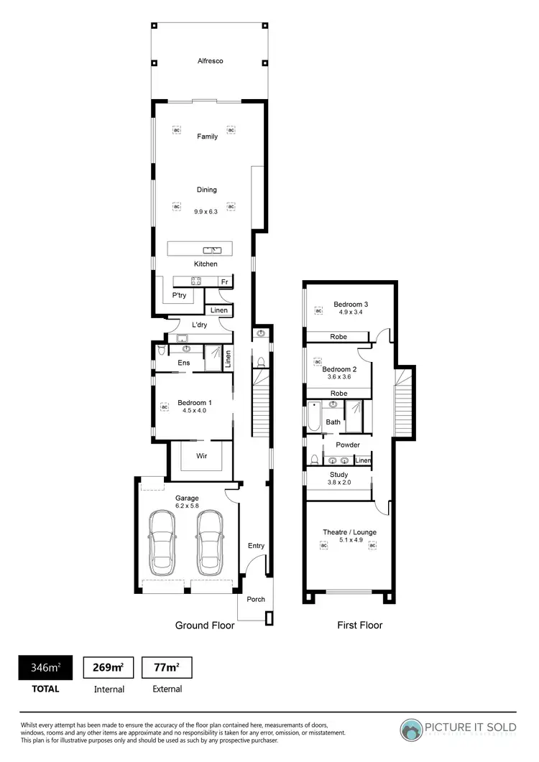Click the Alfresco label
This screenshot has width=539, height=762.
(210, 61)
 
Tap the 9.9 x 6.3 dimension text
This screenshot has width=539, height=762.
(206, 212)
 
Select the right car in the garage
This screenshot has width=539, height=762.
(211, 540)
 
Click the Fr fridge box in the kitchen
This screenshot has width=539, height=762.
(224, 282)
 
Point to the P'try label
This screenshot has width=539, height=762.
(178, 295)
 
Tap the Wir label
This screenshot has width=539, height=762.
(202, 455)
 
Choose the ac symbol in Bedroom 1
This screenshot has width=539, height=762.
(164, 406)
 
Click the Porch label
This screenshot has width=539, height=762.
(256, 599)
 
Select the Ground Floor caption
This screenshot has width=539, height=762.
(205, 626)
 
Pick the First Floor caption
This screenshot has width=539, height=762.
(360, 626)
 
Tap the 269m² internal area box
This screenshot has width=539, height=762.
(109, 667)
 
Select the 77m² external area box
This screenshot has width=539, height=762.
(166, 667)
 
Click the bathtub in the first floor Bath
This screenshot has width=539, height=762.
(315, 417)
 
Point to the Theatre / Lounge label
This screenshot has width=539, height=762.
(349, 532)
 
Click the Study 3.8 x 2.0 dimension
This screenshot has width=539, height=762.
(338, 483)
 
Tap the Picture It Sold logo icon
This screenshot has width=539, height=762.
(412, 730)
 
